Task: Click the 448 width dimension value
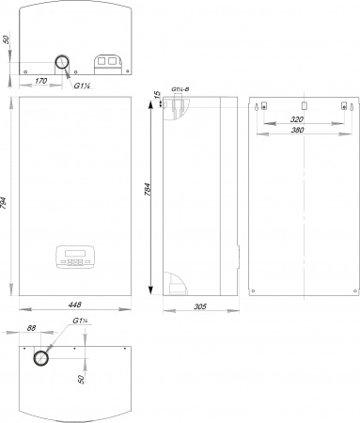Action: [x=74, y=305]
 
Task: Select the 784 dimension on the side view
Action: [x=148, y=190]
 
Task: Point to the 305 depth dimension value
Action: [x=200, y=306]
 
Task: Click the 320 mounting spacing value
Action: [x=297, y=119]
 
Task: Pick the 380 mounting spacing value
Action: [x=297, y=130]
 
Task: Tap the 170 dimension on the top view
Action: [x=40, y=81]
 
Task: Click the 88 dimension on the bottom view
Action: [x=31, y=328]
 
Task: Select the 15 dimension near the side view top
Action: [x=158, y=94]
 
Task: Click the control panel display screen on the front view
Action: [x=75, y=253]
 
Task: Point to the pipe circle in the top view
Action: [x=62, y=62]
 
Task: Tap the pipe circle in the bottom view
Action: [x=41, y=358]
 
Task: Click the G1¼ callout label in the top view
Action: [x=82, y=86]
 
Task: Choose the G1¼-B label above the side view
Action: [x=180, y=89]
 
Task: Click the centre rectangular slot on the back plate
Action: [x=305, y=106]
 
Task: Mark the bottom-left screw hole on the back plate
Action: [x=253, y=290]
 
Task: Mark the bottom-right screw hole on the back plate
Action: [x=355, y=290]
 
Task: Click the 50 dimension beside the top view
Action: [x=6, y=39]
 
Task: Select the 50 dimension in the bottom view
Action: [x=81, y=379]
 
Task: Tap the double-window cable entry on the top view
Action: [x=108, y=65]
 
